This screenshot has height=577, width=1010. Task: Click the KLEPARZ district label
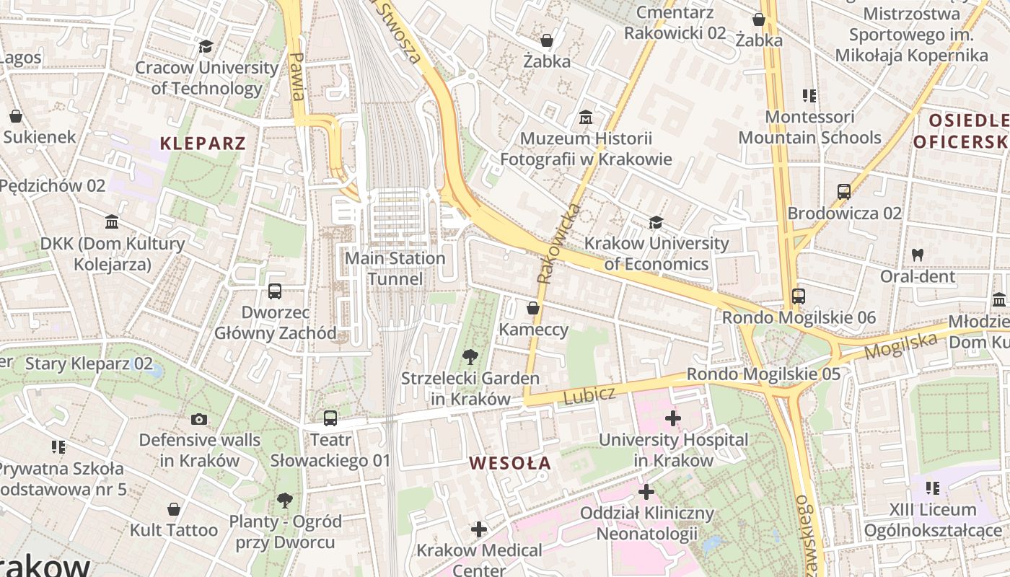pos(203,143)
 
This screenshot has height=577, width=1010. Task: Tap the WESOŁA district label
pos(510,463)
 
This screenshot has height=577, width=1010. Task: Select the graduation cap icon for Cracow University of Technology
pos(206,47)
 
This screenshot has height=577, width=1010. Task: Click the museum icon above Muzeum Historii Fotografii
pos(586,118)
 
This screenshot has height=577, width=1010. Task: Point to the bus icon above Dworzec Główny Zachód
pos(275,291)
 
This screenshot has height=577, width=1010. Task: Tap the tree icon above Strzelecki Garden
pos(470,356)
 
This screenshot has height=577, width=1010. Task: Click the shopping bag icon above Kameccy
pos(533,309)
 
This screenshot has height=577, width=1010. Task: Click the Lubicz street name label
pos(589,395)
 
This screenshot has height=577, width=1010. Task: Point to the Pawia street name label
pos(297,76)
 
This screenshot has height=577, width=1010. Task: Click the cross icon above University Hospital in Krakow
pos(673,418)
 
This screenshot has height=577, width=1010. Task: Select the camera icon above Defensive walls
pos(199,419)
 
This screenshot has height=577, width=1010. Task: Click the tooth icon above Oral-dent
pos(918,255)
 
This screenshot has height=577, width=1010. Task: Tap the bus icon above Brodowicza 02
pos(844,192)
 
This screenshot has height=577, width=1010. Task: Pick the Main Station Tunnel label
pos(395,268)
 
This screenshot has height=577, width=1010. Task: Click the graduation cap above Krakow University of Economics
pos(656,222)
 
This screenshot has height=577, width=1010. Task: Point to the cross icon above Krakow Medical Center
pos(479,529)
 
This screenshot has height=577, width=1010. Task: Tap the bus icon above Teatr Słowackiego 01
pos(330,418)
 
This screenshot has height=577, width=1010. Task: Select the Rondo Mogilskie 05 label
pos(763,374)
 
